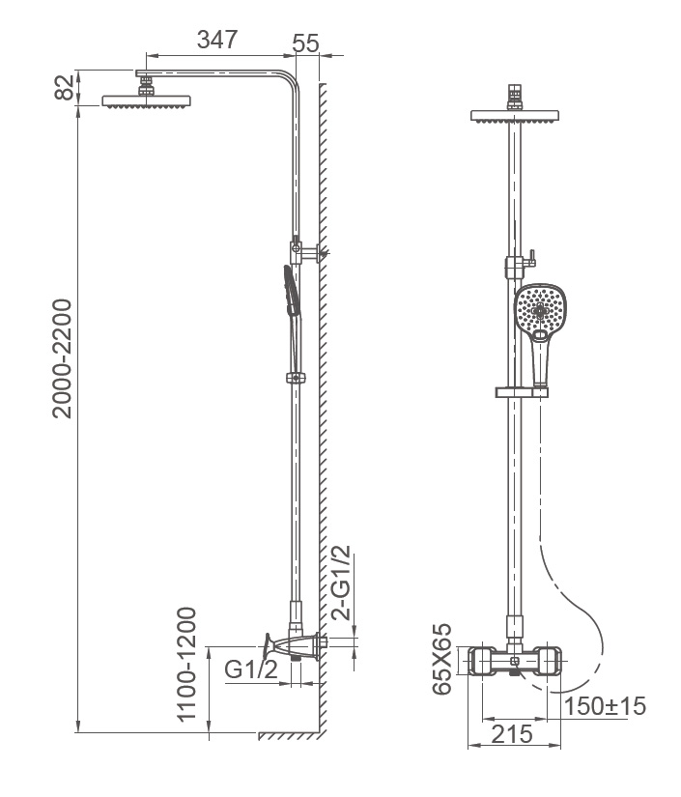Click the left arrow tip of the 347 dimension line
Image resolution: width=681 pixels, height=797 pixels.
pos(147,55)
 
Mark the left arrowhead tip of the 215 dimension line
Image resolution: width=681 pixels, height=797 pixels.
pos(468,745)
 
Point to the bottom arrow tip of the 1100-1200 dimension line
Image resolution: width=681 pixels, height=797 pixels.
pos(210,732)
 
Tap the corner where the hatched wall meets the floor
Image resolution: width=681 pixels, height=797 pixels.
pos(320,732)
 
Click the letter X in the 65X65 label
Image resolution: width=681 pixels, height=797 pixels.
pos(441,659)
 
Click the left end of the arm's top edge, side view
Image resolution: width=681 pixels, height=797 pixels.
pos(136,71)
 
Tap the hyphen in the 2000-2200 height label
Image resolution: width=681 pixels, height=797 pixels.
pos(62,359)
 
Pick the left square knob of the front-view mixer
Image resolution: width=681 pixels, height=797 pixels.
pos(482,662)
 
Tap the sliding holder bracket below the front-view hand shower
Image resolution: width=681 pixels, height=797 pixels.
pos(522,392)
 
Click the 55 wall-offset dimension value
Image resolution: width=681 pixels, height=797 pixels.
pos(306,43)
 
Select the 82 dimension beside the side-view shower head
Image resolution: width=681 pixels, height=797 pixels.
pos(65,87)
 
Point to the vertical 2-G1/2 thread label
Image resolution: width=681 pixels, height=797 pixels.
pos(341,583)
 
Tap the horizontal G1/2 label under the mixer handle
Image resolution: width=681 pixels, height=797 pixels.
pos(251,669)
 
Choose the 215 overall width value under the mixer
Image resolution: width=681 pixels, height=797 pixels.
pos(512,734)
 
